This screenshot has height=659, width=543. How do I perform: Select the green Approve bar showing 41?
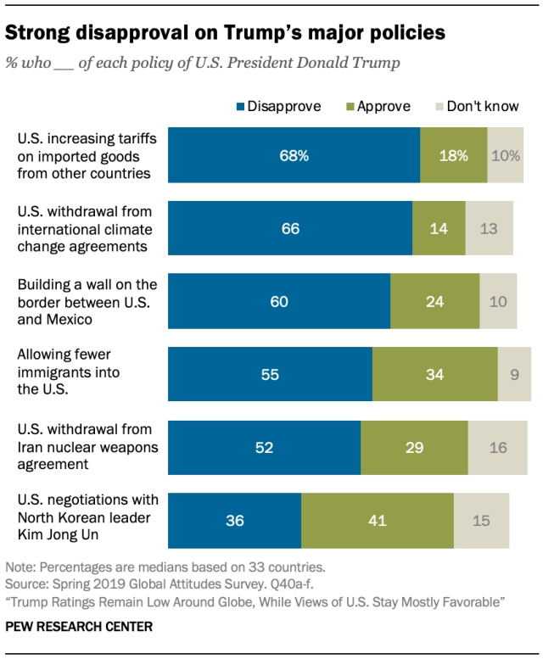pyautogui.click(x=377, y=520)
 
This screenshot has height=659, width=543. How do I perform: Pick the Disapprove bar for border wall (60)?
pyautogui.click(x=279, y=301)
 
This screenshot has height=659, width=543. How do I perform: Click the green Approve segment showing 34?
pyautogui.click(x=434, y=374)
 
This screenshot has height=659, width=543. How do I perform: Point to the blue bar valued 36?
pyautogui.click(x=234, y=520)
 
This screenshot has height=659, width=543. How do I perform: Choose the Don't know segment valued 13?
pyautogui.click(x=489, y=228)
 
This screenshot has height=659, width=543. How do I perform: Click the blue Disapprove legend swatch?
pyautogui.click(x=240, y=107)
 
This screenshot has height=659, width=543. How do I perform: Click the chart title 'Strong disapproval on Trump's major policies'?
pyautogui.click(x=225, y=33)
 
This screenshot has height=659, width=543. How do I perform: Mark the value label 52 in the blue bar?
pyautogui.click(x=264, y=447)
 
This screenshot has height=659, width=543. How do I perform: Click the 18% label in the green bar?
pyautogui.click(x=453, y=155)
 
